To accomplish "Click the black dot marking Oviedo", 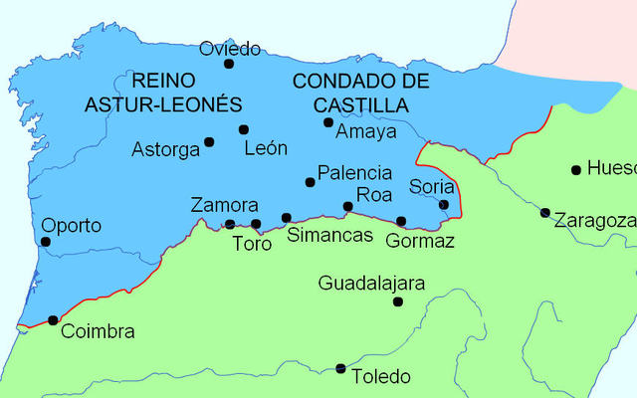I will coord(229,64).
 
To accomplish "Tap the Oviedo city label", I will coord(230,48).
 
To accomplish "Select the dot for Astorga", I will coord(209,142).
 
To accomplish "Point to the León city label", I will coord(266,148).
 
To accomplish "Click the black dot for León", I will coord(244,129).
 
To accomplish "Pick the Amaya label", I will coord(366,131).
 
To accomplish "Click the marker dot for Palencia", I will coord(310,182).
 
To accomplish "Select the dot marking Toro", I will coord(256,224).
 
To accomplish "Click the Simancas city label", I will coord(329,236).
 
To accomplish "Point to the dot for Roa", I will coord(347,207).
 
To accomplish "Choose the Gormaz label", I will coord(419,241).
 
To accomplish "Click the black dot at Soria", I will coord(444,205).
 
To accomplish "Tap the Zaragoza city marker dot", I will coord(544,212).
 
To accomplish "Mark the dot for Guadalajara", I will coord(398,301).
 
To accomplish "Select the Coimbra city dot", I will coord(53,320).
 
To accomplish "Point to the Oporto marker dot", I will coord(45,242).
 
